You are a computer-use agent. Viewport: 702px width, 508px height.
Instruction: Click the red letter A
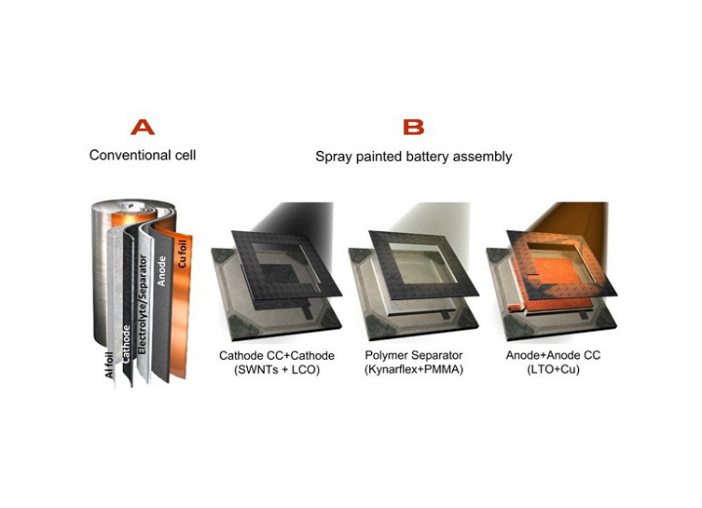coord(143,128)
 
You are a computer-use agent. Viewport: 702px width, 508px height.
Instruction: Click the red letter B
coord(413,128)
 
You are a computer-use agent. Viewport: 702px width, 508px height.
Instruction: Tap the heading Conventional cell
coord(143,155)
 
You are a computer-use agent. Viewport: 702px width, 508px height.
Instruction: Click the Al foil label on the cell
coord(108,365)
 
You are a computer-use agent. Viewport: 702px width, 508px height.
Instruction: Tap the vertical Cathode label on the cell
coord(126,344)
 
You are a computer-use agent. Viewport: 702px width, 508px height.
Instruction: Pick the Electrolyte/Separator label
coord(143,304)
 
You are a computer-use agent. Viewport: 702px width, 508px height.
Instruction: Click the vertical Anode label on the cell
coord(162,271)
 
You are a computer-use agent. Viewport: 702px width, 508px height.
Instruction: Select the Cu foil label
coord(182,254)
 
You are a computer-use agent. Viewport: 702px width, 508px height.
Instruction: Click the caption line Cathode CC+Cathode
coord(276,356)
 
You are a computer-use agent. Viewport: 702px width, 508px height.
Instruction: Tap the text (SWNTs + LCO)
coord(276,370)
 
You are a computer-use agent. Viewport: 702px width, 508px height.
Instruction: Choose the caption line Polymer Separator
coord(414,355)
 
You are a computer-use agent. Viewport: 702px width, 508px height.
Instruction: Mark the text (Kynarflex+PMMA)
coord(414,370)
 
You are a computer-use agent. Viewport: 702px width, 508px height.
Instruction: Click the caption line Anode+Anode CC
coord(554,355)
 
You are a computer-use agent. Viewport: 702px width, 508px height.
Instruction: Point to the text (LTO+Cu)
coord(554,370)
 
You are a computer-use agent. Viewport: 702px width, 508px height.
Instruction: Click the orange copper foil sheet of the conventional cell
coord(183,304)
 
